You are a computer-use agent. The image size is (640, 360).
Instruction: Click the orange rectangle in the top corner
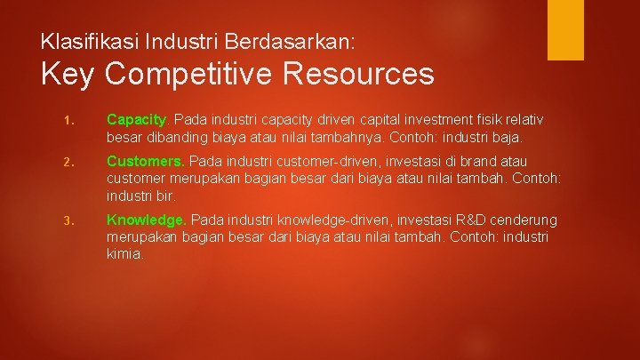[564, 29]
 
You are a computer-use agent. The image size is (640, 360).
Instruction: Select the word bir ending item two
[164, 196]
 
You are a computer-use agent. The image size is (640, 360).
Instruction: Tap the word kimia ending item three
[124, 253]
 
